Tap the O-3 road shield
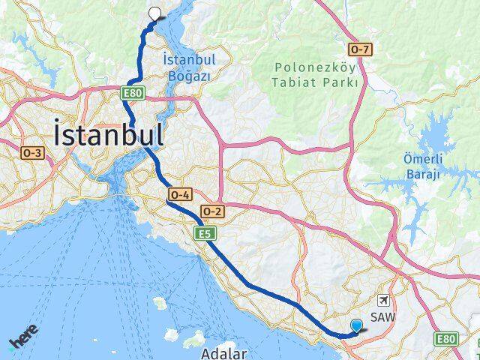point(34,153)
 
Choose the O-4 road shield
point(180,194)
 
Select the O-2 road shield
point(212,211)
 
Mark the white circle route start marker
point(155,12)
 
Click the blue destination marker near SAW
point(357,325)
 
